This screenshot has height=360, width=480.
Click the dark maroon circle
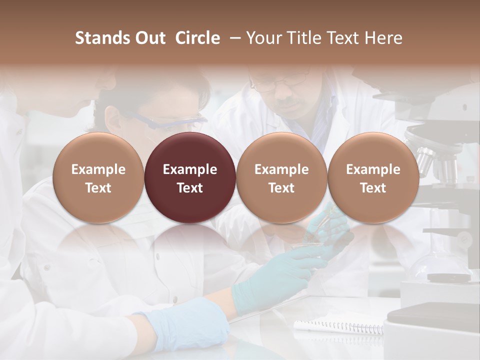pos(190,178)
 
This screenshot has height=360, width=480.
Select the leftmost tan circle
pos(98,178)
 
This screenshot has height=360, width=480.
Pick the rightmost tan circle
pos(373,178)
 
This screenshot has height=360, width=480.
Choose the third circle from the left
pos(281,178)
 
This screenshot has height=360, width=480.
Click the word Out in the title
pos(150,38)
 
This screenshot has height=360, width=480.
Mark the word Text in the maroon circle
pos(190,188)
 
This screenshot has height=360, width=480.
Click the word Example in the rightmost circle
pos(373,169)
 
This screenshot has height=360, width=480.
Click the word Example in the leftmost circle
pos(98,169)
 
